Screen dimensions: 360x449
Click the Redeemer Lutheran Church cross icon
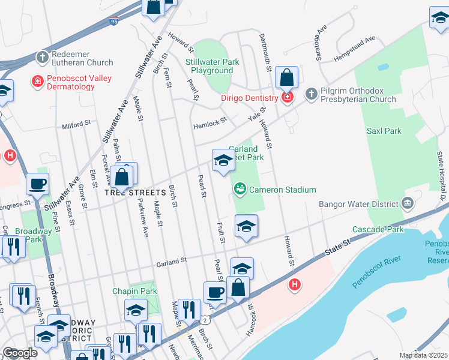click(x=42, y=58)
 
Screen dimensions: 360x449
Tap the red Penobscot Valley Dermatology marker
click(x=38, y=82)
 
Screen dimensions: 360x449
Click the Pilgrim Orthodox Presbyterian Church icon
click(x=311, y=94)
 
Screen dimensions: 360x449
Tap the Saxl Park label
click(x=384, y=130)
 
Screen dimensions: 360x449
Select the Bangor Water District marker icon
click(x=408, y=204)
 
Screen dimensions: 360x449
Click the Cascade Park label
click(x=378, y=230)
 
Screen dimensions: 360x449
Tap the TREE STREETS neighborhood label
click(x=135, y=193)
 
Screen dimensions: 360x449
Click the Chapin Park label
click(x=134, y=291)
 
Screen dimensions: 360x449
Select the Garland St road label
click(x=172, y=260)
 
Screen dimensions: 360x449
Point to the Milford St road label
click(x=76, y=126)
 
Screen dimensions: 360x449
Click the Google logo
click(x=20, y=353)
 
